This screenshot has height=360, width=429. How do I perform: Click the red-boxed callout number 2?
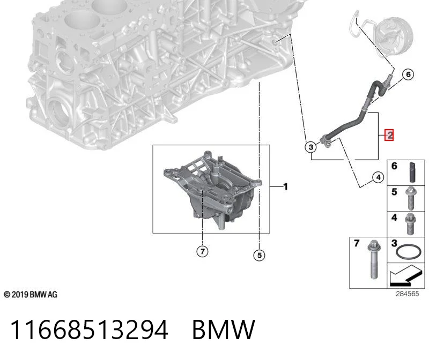(x=389, y=135)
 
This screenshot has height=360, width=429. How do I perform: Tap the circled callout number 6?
(x=408, y=74)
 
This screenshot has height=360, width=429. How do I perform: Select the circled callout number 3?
(x=311, y=147)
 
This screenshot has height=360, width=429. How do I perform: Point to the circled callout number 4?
(x=379, y=177)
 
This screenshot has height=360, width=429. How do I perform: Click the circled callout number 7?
(x=203, y=251)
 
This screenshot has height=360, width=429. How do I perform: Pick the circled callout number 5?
(x=260, y=256)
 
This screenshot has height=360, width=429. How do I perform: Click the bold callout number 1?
(x=286, y=187)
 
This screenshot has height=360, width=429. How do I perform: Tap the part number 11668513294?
(x=89, y=329)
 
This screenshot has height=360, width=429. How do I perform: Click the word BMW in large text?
(x=224, y=329)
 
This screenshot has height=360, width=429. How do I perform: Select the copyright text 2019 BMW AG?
(x=31, y=295)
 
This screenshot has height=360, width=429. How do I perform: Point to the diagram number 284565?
(x=408, y=294)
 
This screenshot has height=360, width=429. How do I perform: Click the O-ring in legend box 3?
(x=409, y=252)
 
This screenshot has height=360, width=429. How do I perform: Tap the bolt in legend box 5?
(x=411, y=198)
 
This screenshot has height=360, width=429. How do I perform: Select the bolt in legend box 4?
(x=410, y=224)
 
